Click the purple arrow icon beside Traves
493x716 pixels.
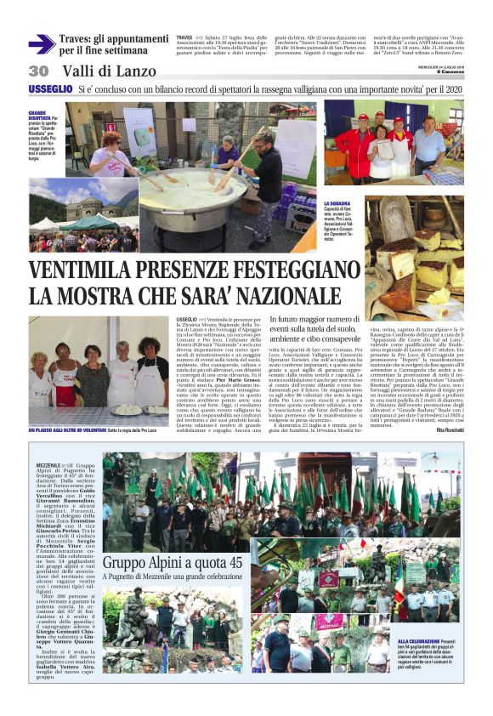coord(41,44)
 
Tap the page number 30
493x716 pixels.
coord(38,71)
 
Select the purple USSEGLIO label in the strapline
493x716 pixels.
coord(50,88)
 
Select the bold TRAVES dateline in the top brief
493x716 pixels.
coord(184,38)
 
